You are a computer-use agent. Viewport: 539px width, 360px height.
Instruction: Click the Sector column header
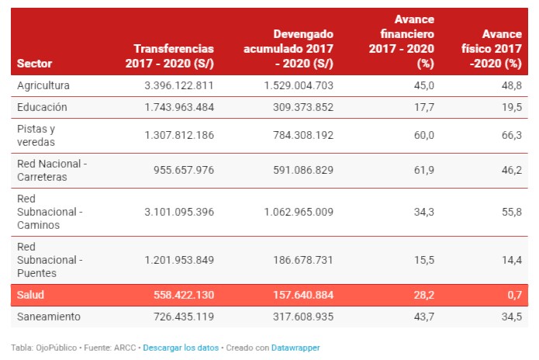pyautogui.click(x=34, y=63)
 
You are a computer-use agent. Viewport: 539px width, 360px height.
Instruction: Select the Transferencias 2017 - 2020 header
pyautogui.click(x=169, y=56)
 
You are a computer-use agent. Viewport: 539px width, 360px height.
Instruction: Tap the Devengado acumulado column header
pyautogui.click(x=289, y=49)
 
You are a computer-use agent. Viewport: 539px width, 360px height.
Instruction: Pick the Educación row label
pyautogui.click(x=42, y=107)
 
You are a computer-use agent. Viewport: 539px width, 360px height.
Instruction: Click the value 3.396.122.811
pyautogui.click(x=178, y=85)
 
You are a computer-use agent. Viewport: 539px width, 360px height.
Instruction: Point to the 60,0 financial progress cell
pyautogui.click(x=425, y=135)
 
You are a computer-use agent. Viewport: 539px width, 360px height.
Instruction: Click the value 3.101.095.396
pyautogui.click(x=178, y=211)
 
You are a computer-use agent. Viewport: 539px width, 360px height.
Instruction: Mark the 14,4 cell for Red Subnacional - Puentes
pyautogui.click(x=513, y=259)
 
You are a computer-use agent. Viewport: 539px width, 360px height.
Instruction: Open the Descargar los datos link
pyautogui.click(x=181, y=348)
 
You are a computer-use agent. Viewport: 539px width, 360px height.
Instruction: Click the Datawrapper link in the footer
pyautogui.click(x=295, y=348)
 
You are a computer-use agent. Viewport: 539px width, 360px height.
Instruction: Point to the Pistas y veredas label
pyautogui.click(x=36, y=135)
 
